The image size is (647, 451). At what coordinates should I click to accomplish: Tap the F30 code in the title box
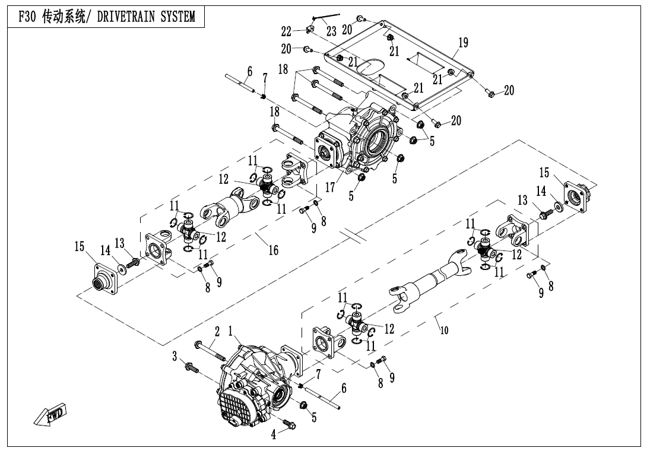pos(28,17)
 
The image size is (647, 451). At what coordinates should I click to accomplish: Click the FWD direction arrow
pos(50,415)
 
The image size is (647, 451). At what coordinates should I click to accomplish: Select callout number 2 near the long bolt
pos(217,331)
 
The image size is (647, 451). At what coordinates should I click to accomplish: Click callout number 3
pos(175,355)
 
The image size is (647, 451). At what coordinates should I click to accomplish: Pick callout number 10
pos(444,331)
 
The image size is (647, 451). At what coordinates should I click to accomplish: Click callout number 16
pos(273,250)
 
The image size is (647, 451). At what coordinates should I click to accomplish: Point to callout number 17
pos(331,188)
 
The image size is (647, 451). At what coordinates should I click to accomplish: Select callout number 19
pos(463,43)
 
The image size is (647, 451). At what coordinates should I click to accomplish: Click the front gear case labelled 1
pos(249,386)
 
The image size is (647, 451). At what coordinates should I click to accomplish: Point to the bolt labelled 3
pos(191,368)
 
